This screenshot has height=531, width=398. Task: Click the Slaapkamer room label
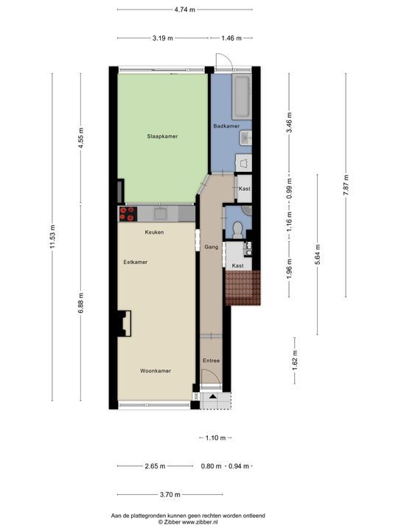pos(162,136)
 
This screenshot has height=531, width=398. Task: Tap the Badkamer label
pos(226,126)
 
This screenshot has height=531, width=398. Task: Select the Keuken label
pos(154,232)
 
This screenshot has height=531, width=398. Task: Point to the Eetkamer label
pos(136,262)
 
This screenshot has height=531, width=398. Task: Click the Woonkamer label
pos(156,371)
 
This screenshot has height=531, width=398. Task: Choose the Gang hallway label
pos(211,249)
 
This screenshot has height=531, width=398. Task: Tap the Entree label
pos(212,361)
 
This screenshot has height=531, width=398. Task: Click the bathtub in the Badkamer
pos(242,96)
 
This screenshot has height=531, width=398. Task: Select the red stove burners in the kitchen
pos(128,214)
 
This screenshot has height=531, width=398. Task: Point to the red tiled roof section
pos(242,288)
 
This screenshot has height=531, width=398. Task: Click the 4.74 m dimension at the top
pos(185,10)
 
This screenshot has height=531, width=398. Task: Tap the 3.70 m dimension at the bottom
pos(170,494)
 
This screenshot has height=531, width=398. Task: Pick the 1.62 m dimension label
pos(295,361)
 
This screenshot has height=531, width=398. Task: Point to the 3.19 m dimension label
pos(163,38)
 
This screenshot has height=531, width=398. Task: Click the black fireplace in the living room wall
pos(123,322)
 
